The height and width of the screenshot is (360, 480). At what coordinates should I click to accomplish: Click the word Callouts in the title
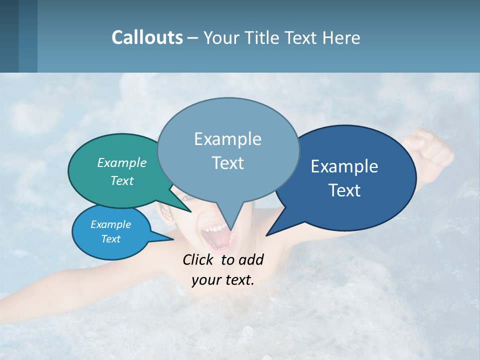pyautogui.click(x=147, y=37)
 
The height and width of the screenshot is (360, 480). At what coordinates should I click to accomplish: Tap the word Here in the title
pyautogui.click(x=341, y=37)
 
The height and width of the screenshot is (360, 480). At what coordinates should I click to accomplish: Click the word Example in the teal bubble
pyautogui.click(x=122, y=162)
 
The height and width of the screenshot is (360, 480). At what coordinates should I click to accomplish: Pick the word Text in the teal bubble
pyautogui.click(x=122, y=180)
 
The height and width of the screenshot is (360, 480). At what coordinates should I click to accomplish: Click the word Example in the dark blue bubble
pyautogui.click(x=344, y=166)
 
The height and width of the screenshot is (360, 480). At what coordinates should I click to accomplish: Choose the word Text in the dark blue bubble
pyautogui.click(x=344, y=190)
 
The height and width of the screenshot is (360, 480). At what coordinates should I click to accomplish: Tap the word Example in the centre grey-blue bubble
pyautogui.click(x=227, y=139)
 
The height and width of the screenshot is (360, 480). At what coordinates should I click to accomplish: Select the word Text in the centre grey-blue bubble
pyautogui.click(x=227, y=163)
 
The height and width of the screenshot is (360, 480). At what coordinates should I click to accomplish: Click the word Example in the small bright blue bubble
pyautogui.click(x=110, y=224)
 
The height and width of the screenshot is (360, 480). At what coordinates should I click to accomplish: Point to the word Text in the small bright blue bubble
pyautogui.click(x=110, y=239)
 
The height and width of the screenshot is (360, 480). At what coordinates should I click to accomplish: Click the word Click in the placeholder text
pyautogui.click(x=199, y=259)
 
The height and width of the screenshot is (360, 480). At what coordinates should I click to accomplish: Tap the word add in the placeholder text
pyautogui.click(x=251, y=259)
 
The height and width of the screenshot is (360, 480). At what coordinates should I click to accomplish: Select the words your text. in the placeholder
pyautogui.click(x=222, y=280)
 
